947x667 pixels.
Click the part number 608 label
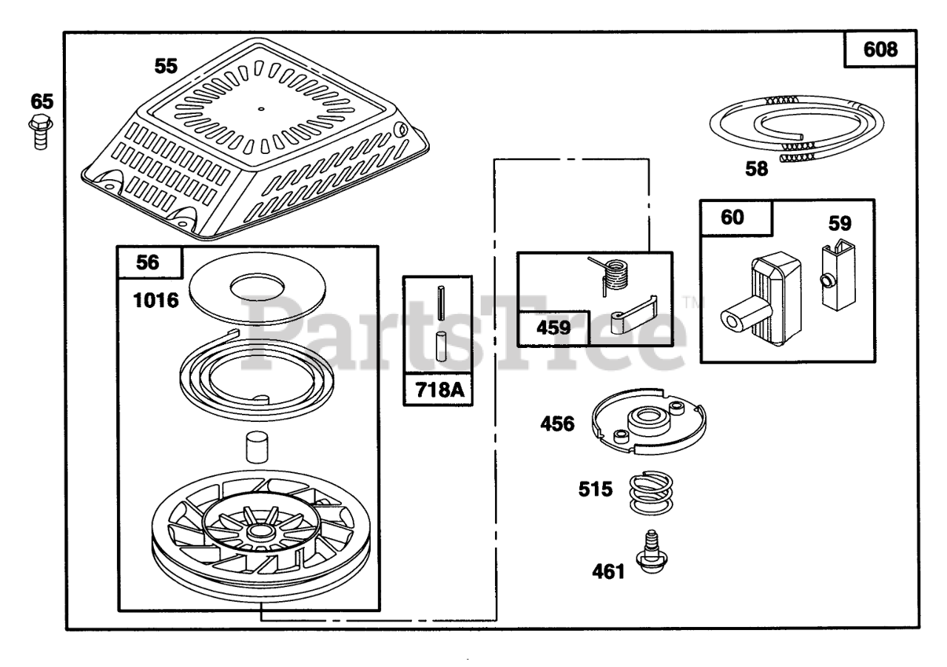click(881, 50)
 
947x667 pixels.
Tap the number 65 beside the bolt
click(41, 101)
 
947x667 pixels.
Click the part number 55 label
click(166, 66)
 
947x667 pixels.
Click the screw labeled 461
click(649, 563)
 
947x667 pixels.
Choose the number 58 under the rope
click(756, 168)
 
